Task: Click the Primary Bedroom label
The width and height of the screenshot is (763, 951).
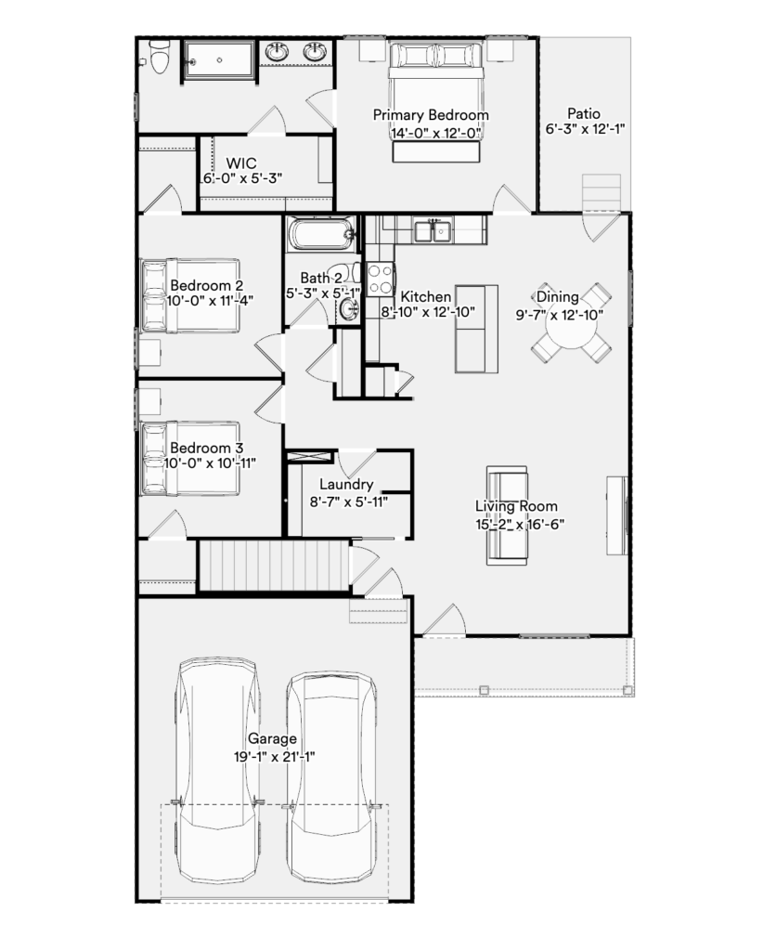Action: (x=431, y=114)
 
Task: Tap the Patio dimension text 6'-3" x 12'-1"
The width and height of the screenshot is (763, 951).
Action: (x=585, y=128)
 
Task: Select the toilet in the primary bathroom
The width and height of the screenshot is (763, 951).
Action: (x=159, y=57)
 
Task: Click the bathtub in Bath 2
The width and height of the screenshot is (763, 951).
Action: (x=320, y=233)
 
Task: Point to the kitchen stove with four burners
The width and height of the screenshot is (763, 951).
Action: (x=380, y=279)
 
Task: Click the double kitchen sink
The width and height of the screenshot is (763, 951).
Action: (x=433, y=231)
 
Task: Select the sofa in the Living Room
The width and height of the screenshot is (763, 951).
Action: (x=507, y=515)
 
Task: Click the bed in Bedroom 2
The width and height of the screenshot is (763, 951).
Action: (x=190, y=295)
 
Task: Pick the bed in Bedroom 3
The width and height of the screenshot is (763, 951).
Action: (x=190, y=459)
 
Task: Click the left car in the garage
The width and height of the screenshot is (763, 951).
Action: (x=216, y=770)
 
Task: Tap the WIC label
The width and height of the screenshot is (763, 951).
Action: (x=241, y=163)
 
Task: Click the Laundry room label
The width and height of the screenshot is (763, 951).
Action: (x=346, y=484)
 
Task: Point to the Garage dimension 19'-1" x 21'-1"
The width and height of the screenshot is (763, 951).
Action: (x=275, y=757)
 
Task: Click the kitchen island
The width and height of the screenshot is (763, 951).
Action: (x=476, y=329)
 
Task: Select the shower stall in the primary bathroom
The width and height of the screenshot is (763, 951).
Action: (x=219, y=59)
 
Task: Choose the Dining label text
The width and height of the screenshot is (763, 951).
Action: (x=558, y=296)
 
